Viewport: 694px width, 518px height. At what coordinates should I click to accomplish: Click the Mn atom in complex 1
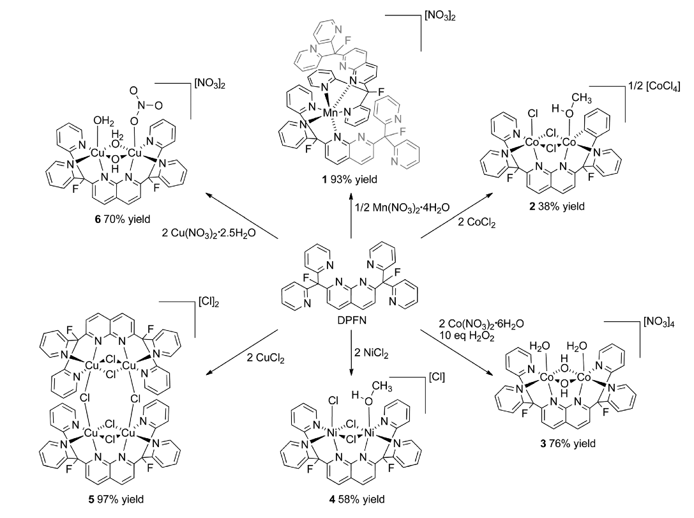[331, 113]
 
